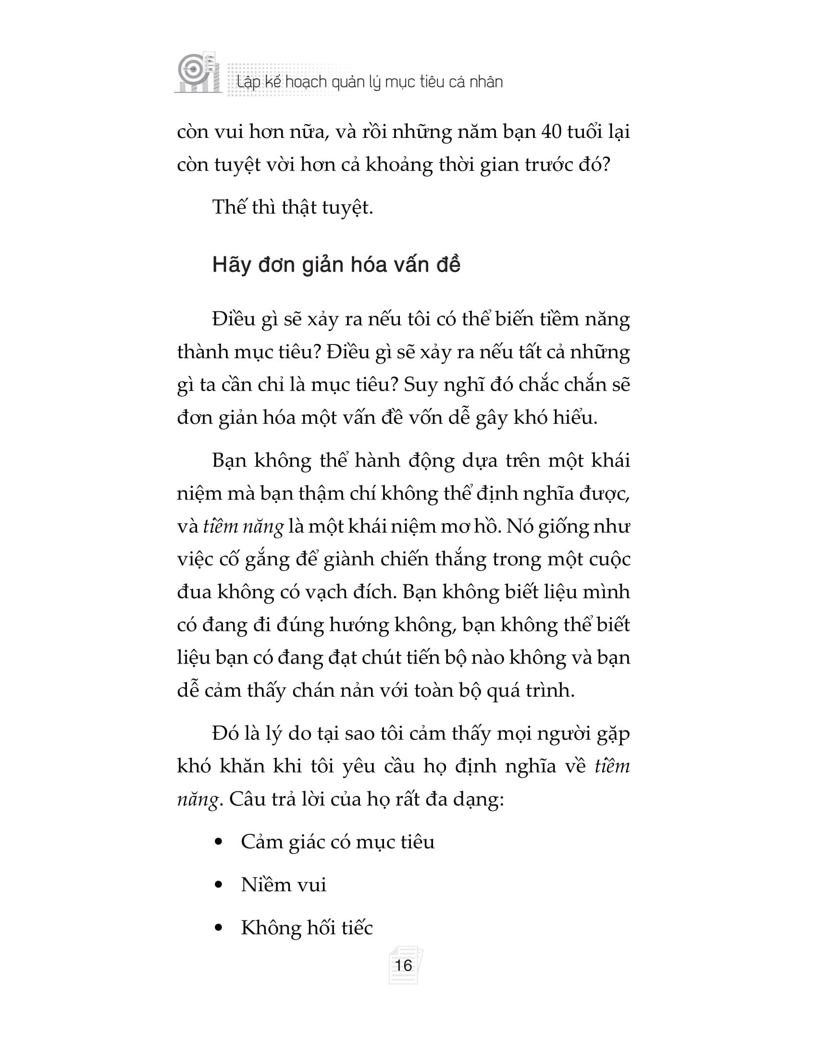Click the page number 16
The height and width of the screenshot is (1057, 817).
click(x=403, y=966)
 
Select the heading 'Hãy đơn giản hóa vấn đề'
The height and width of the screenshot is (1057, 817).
click(x=336, y=265)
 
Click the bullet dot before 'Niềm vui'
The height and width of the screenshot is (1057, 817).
click(x=218, y=885)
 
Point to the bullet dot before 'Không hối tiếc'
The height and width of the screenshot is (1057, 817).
click(x=218, y=928)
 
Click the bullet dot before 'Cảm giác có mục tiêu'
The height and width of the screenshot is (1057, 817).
click(x=218, y=842)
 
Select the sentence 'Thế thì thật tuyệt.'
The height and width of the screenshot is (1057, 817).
click(x=292, y=208)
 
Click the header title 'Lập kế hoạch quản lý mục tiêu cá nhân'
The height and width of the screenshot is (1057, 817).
click(x=370, y=82)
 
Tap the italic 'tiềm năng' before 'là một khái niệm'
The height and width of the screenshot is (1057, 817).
click(x=243, y=527)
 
